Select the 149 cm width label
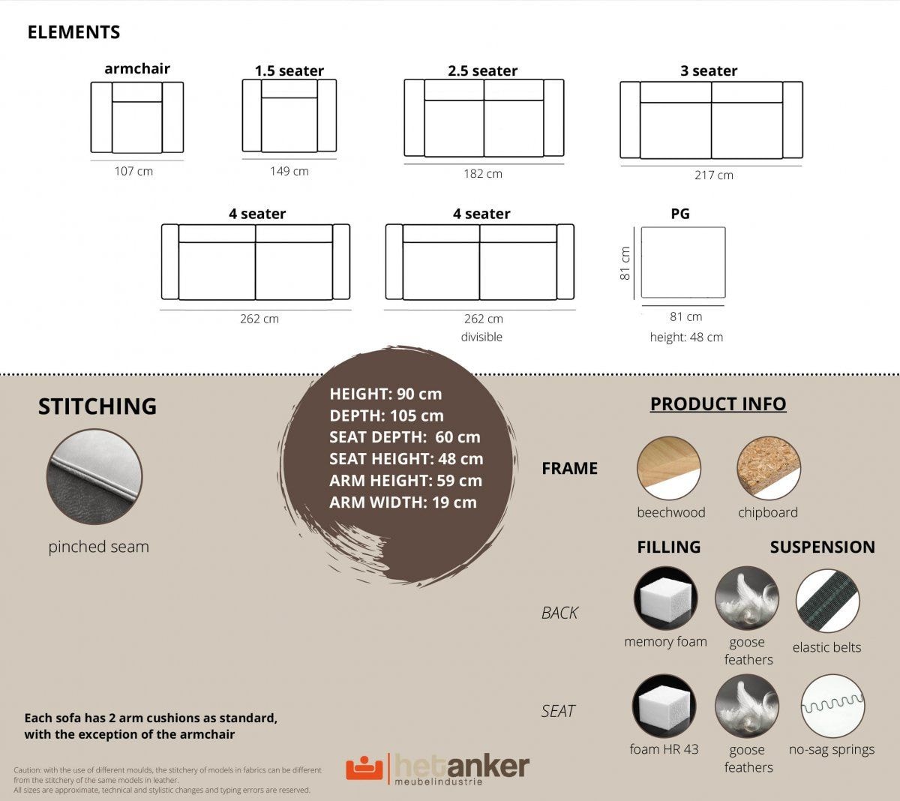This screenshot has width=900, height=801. click(x=289, y=171)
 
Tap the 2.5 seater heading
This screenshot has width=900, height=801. click(x=482, y=70)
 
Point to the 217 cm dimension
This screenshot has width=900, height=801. click(x=714, y=175)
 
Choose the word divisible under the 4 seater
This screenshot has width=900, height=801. click(x=481, y=337)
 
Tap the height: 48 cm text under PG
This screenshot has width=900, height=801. click(x=686, y=337)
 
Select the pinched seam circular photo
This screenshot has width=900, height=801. click(x=94, y=476)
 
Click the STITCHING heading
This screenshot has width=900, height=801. click(x=97, y=406)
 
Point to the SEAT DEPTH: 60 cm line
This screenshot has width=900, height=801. click(x=405, y=437)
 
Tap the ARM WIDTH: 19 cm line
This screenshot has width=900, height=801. click(x=403, y=502)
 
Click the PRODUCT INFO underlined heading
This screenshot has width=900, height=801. click(x=718, y=403)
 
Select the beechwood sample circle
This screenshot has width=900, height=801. click(x=669, y=468)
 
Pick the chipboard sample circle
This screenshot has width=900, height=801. click(x=769, y=468)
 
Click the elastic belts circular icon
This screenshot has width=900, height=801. click(x=827, y=601)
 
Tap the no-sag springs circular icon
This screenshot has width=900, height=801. click(x=832, y=706)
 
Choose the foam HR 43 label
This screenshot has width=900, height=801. click(x=664, y=749)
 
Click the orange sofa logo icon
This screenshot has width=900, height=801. click(x=364, y=768)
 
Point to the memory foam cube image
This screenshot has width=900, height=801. click(x=665, y=598)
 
